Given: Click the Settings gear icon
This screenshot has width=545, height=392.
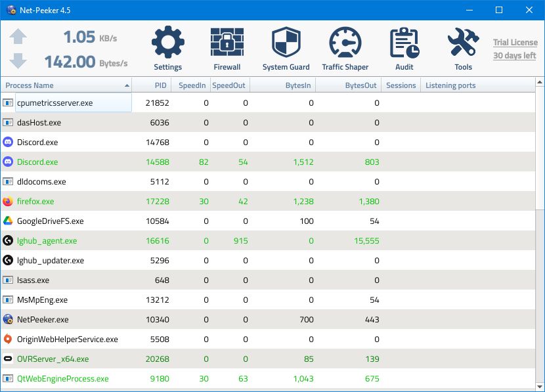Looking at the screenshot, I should (x=168, y=43).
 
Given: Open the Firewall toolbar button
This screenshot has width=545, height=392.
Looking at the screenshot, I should (x=227, y=43).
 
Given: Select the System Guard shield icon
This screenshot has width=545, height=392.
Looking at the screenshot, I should (x=286, y=43).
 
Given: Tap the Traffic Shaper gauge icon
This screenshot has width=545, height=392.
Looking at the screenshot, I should (x=345, y=43).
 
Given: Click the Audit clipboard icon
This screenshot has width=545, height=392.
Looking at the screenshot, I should (x=404, y=43).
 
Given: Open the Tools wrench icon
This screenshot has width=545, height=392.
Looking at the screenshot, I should (x=463, y=43).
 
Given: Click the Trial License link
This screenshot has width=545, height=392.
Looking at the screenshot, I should (x=515, y=43).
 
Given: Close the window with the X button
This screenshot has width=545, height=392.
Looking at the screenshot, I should (x=529, y=10).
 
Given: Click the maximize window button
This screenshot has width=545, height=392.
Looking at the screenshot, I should (x=498, y=10).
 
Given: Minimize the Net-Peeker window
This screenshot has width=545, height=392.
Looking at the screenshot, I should (x=469, y=10).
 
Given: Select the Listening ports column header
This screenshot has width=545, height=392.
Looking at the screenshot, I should (x=450, y=85).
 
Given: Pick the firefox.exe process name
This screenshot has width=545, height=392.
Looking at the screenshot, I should (x=35, y=202).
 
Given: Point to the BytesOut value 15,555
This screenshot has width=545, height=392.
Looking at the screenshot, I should (x=365, y=241).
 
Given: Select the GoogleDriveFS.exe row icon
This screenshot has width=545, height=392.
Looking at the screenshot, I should (x=8, y=221).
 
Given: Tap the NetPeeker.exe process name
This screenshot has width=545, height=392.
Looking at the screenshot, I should (x=43, y=320).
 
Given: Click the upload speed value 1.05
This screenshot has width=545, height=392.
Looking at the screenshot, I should (x=79, y=37).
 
